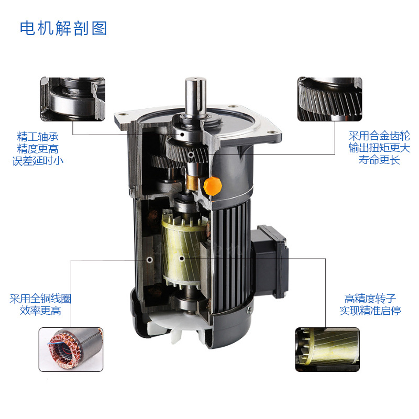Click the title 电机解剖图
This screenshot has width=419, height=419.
click(x=63, y=28)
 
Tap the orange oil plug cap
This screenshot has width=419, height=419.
click(x=213, y=186)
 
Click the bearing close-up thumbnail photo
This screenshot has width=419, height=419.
click(x=73, y=99)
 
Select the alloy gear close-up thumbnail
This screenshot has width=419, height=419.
click(x=330, y=99)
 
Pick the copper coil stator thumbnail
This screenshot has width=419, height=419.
click(x=71, y=349)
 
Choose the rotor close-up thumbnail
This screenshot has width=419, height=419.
click(x=327, y=349)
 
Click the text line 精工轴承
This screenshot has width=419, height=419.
click(x=38, y=137)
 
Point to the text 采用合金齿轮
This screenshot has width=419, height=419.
click(x=379, y=136)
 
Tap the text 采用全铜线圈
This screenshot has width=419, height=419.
click(x=40, y=299)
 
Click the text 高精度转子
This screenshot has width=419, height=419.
click(x=370, y=299)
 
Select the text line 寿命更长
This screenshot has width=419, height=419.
click(x=379, y=160)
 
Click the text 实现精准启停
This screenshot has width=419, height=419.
click(x=370, y=311)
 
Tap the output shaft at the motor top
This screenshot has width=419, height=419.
click(x=195, y=97)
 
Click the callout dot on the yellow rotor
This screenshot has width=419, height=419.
click(x=181, y=258)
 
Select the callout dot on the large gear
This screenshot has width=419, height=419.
click(x=191, y=155)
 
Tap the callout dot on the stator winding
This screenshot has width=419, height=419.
click(x=150, y=260)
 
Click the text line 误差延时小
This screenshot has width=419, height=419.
click(x=38, y=161)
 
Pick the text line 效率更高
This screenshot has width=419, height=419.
click(x=40, y=311)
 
